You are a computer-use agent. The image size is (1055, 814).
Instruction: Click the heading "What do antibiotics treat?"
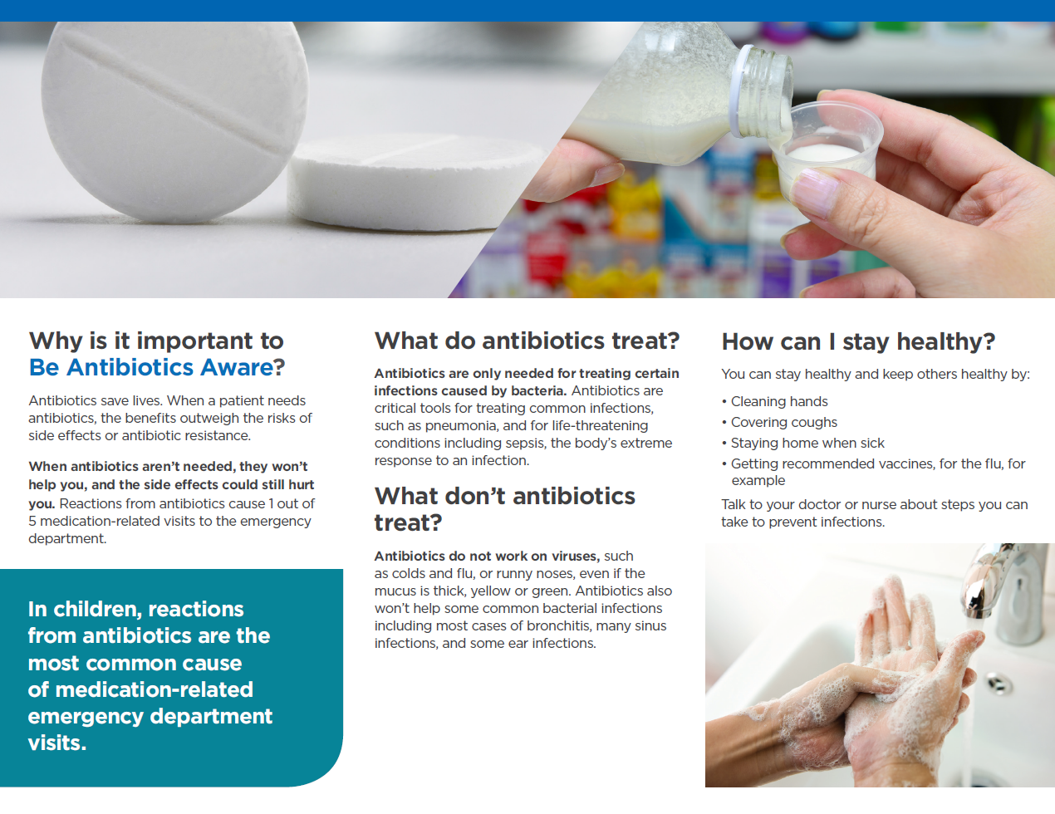click(x=527, y=341)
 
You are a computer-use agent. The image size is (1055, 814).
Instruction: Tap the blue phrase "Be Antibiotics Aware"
click(x=151, y=367)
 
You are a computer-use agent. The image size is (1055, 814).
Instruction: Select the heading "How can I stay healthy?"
click(x=858, y=341)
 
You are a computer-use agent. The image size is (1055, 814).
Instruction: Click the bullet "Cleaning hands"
click(x=778, y=402)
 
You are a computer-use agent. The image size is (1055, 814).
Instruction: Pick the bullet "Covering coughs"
click(x=783, y=423)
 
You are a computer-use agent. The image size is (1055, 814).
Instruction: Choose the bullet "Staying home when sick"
click(x=807, y=444)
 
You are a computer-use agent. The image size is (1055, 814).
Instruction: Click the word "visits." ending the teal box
click(x=57, y=743)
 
